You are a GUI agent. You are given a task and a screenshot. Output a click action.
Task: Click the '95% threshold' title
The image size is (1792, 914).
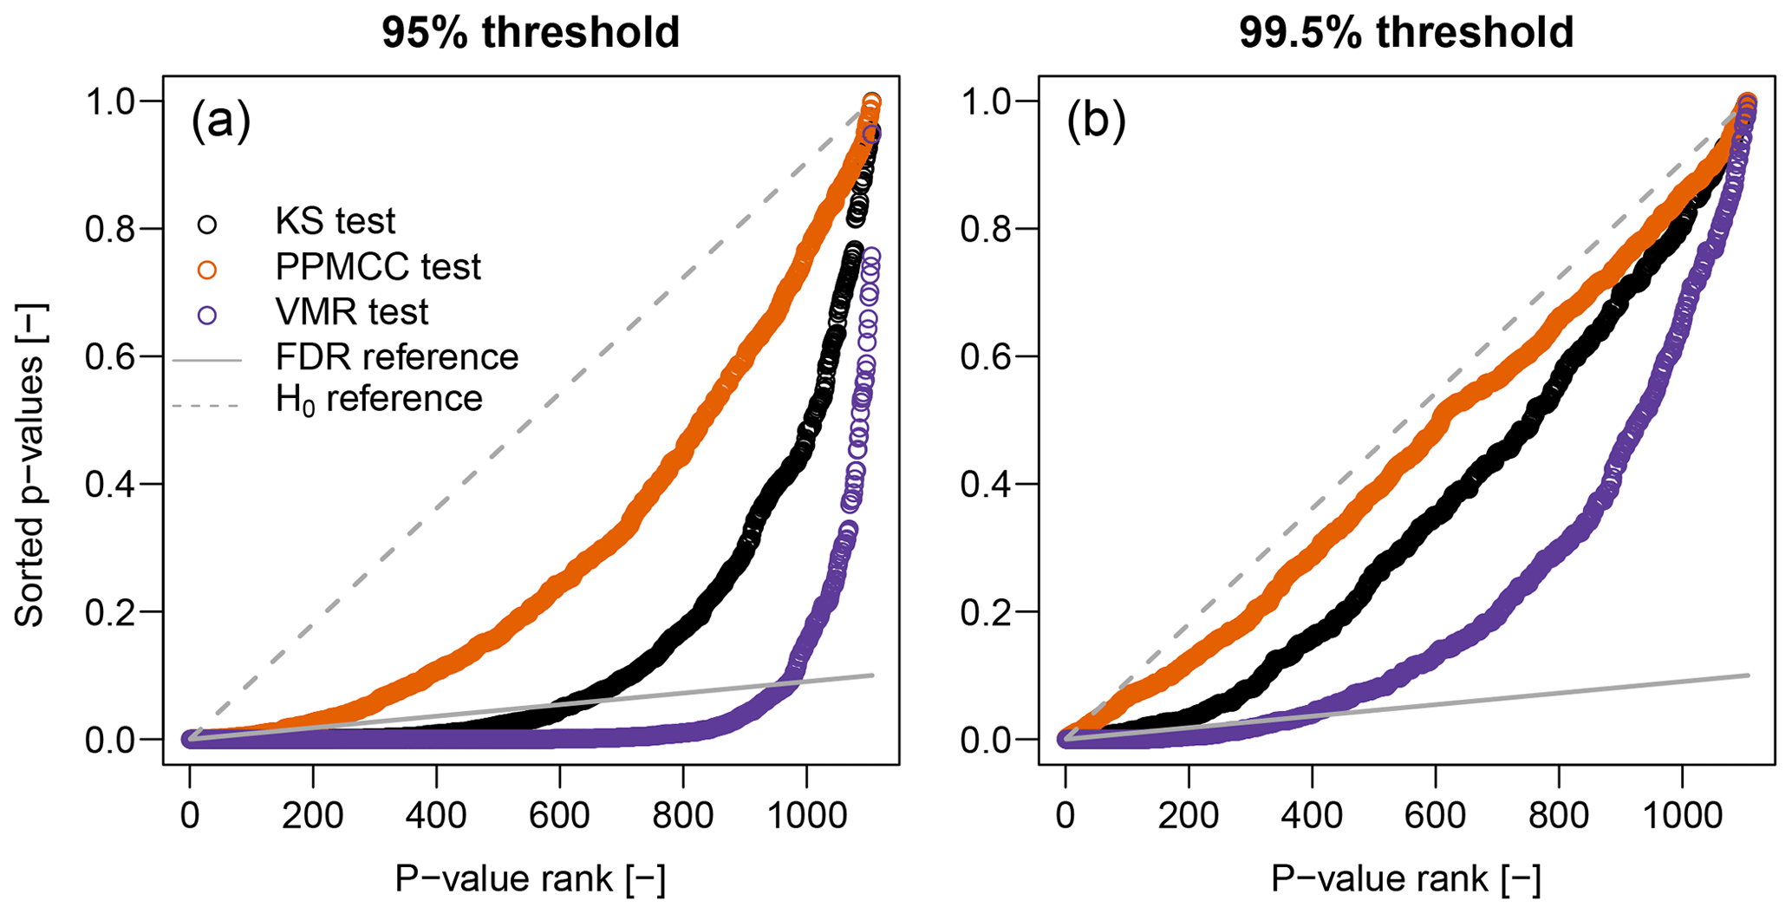point(531,33)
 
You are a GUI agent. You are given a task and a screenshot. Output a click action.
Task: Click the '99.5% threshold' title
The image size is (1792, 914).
point(1405,33)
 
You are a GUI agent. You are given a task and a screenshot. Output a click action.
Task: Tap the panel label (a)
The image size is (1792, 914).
point(220,121)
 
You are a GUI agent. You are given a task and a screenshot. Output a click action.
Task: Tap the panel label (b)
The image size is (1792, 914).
point(1096,121)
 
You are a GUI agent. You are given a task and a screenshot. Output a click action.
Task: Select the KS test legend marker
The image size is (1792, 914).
point(207,225)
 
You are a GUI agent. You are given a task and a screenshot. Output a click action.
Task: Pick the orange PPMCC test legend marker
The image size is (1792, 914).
point(207,270)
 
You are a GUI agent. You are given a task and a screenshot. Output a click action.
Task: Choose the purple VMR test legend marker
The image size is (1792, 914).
point(207,315)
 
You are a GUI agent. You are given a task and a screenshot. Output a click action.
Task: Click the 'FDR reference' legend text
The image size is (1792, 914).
point(396,356)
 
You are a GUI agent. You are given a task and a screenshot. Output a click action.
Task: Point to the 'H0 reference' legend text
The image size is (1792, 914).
point(379,399)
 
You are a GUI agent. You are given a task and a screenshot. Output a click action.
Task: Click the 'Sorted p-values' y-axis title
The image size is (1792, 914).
point(30,465)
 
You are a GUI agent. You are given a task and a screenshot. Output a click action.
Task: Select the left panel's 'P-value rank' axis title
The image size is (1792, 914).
point(531,878)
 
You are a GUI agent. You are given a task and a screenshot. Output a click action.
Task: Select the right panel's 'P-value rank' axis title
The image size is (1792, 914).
point(1405,878)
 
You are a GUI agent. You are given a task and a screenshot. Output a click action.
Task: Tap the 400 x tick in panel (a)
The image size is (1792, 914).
point(436,816)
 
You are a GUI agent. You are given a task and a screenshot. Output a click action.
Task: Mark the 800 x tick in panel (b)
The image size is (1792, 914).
point(1559,816)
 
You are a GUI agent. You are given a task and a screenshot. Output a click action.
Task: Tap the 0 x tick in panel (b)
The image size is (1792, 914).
point(1065,816)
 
